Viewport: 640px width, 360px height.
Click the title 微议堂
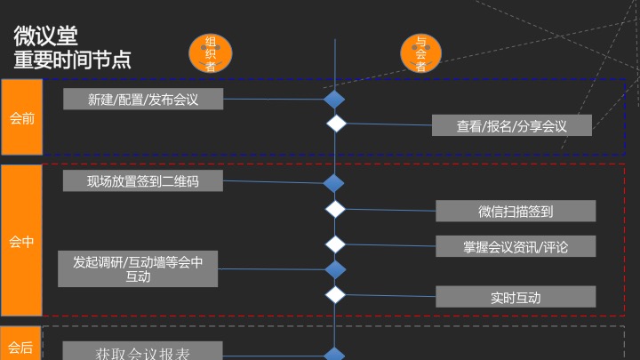coord(45,36)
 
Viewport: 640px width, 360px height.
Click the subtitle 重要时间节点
coord(73,60)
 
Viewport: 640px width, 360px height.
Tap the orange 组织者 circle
coord(211,53)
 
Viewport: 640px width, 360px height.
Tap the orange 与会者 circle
coord(420,53)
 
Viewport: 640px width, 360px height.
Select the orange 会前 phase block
coord(21,118)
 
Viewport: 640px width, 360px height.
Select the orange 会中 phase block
coord(21,241)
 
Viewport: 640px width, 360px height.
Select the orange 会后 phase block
coord(21,348)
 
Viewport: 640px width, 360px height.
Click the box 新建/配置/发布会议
coord(143,100)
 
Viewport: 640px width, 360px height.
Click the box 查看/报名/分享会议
coord(512,126)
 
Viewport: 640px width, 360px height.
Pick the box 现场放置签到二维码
coord(143,181)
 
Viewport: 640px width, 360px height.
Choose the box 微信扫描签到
coord(516,211)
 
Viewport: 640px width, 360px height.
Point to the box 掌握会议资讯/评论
coord(516,246)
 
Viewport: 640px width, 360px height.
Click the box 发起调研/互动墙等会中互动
coord(138,268)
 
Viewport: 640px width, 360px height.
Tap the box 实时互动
coord(516,297)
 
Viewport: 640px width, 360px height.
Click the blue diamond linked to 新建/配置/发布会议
coord(334,100)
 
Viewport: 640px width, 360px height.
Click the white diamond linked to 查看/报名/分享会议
coord(335,124)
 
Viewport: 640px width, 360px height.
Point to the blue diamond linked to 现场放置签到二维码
coord(334,184)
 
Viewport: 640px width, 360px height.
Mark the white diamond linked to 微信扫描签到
coord(335,210)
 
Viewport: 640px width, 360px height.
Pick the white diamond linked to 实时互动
coord(335,293)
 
